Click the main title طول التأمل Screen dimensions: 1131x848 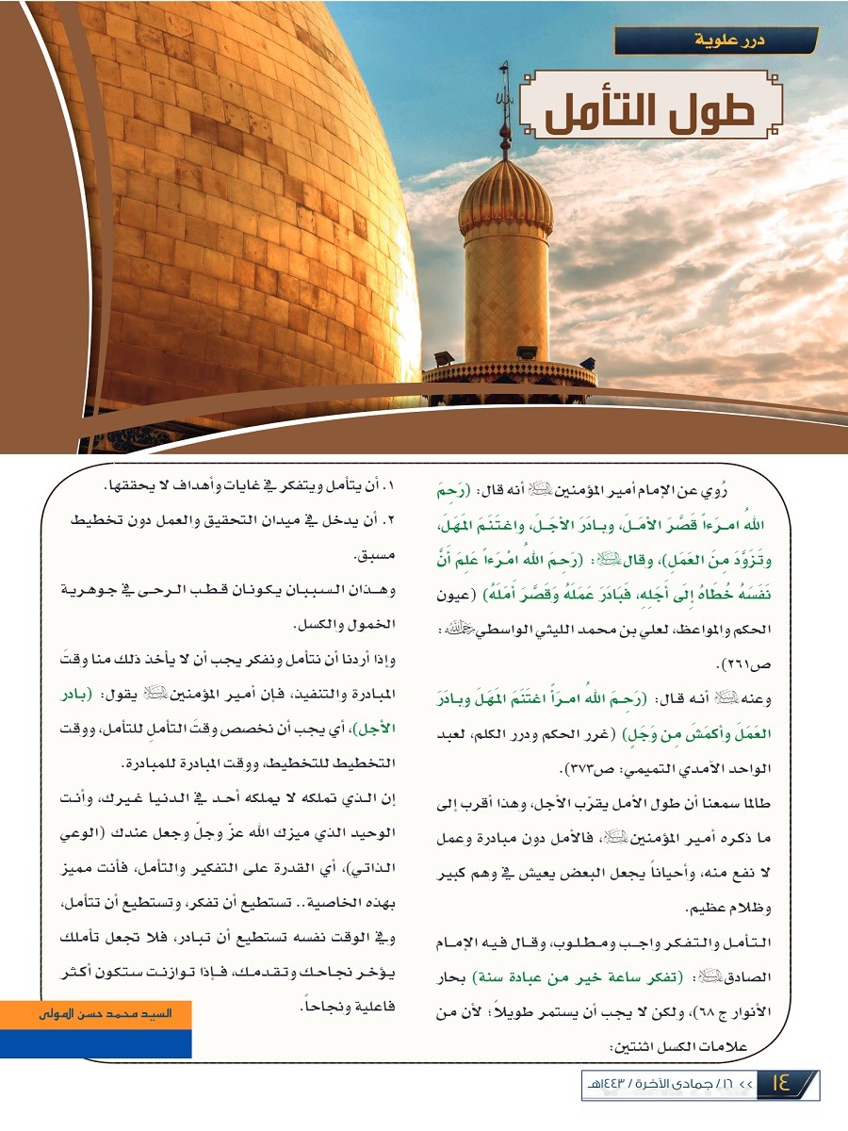tap(650, 112)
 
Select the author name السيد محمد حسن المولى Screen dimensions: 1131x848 tap(97, 1015)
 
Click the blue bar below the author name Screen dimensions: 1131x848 tap(97, 1042)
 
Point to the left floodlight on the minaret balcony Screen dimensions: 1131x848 tap(443, 358)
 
